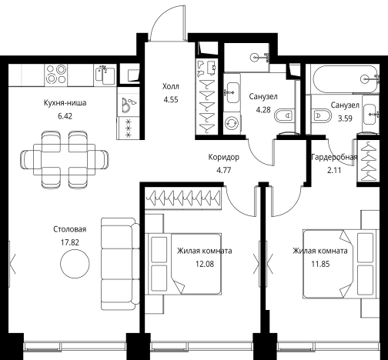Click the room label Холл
pos(171,86)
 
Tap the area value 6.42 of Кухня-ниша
pos(65,116)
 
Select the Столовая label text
pos(70,229)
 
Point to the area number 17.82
pos(70,242)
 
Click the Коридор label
pos(224,157)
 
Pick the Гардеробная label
pos(334,157)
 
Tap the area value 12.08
pos(205,264)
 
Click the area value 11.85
pos(320,264)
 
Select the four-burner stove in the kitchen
pos(56,75)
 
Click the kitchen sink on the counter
pos(105,75)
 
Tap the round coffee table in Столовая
pos(75,263)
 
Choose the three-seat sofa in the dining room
pos(120,264)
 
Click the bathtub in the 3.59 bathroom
pos(345,79)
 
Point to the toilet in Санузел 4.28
pos(284,115)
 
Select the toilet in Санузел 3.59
pos(321,116)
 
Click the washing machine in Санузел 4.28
pos(232,123)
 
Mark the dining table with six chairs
pos(64,159)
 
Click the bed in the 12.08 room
pos(183,264)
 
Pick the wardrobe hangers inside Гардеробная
pos(369,161)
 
